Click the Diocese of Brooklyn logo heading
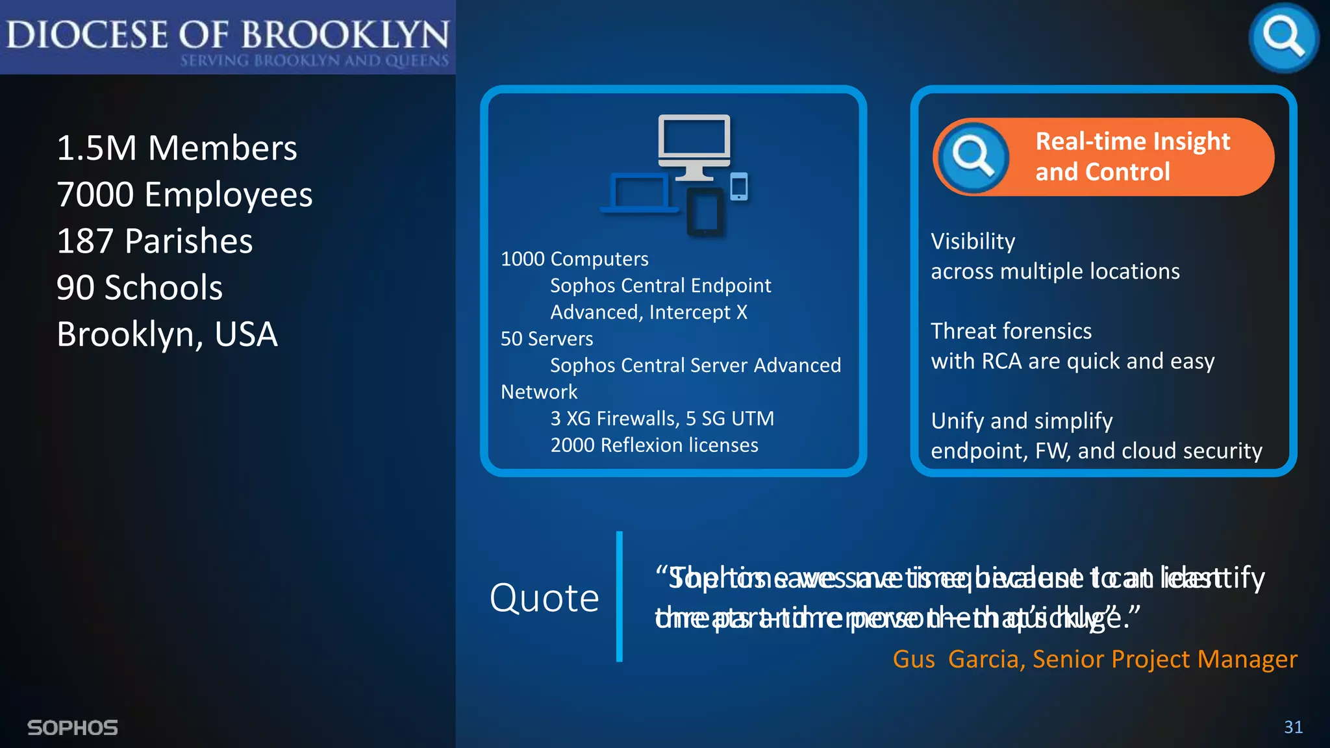point(227,36)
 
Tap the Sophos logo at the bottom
point(73,728)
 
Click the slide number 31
point(1293,727)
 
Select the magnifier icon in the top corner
point(1283,37)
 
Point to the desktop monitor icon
point(694,144)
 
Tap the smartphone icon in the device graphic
point(739,187)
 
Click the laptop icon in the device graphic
point(639,193)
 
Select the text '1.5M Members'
point(177,148)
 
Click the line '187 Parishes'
point(155,241)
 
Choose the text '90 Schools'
point(140,288)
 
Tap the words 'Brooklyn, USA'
point(167,334)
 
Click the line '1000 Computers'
point(574,259)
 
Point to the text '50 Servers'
point(547,339)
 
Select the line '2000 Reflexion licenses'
point(654,445)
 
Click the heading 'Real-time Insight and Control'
point(1132,156)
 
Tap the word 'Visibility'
point(973,242)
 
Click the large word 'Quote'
point(544,597)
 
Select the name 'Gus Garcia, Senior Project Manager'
point(1095,659)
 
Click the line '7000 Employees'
point(184,195)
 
